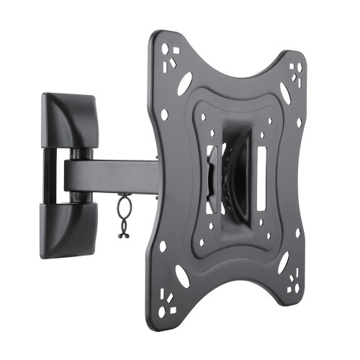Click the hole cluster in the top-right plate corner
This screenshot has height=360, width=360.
[x=296, y=73]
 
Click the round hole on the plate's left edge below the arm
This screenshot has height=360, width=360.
[x=163, y=246]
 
